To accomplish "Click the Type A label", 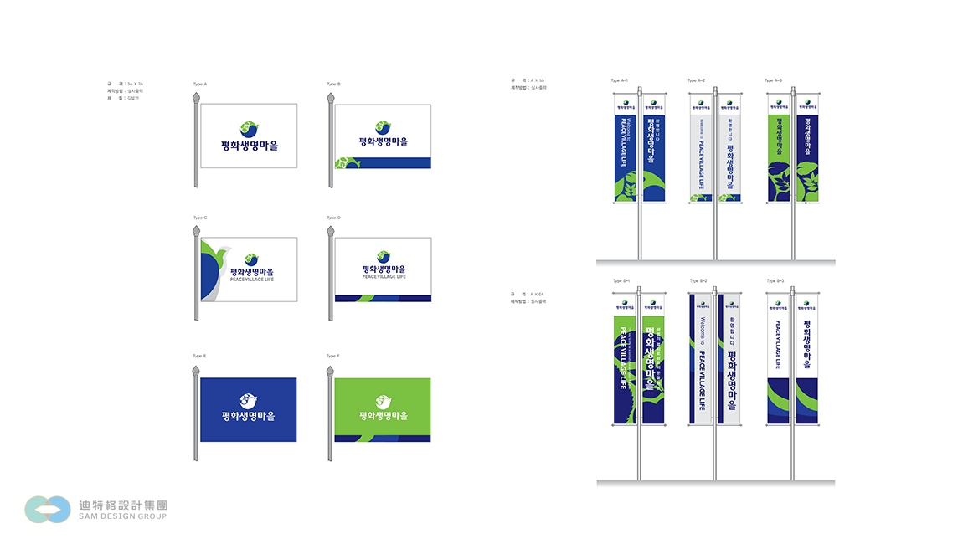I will point(199,84).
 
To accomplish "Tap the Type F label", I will point(332,356).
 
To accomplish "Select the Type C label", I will point(199,218).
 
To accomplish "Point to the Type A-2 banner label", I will point(696,80).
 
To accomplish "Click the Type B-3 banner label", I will point(775,280).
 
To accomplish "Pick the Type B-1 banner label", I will point(621,280).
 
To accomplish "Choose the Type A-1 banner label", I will point(620,80).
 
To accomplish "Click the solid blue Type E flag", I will point(248,409).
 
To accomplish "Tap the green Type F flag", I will point(382,409).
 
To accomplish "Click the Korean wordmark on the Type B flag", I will point(383,141).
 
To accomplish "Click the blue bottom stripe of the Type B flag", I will point(389,162).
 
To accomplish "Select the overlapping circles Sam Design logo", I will point(48,509).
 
